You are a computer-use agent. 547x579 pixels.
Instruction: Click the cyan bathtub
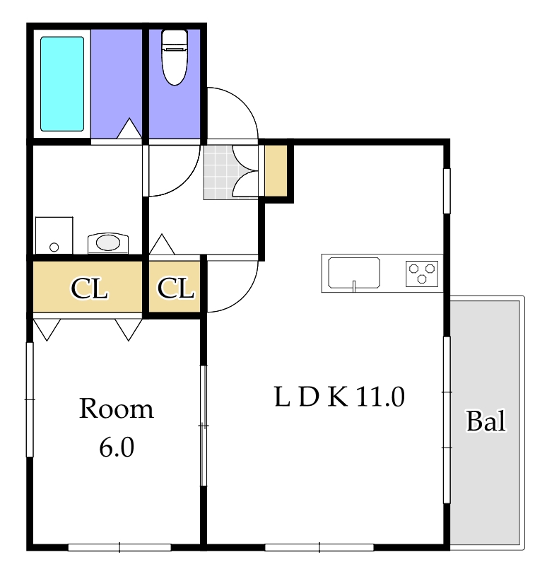(62, 83)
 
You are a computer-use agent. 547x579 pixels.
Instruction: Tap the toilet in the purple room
(174, 57)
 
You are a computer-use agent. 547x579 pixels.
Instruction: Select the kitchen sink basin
(353, 272)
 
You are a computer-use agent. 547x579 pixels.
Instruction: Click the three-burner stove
(422, 273)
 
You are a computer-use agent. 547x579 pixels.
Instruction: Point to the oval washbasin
(107, 243)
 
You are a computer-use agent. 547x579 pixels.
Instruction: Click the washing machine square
(54, 235)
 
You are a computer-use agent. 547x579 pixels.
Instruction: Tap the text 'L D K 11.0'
(339, 397)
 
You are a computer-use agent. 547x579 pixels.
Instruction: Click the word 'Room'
(116, 409)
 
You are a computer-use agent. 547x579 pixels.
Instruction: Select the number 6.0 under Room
(116, 448)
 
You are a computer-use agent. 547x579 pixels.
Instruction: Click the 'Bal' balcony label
(486, 421)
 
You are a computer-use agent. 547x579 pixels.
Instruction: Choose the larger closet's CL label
(89, 288)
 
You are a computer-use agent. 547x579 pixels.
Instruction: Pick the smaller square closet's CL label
(175, 288)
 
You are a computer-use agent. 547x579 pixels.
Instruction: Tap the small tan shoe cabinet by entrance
(276, 171)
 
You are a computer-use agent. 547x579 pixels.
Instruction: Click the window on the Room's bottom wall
(119, 546)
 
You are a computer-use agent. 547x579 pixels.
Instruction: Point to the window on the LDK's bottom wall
(319, 546)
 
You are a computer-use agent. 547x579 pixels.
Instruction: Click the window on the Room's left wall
(30, 399)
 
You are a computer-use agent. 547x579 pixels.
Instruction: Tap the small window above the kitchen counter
(447, 190)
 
